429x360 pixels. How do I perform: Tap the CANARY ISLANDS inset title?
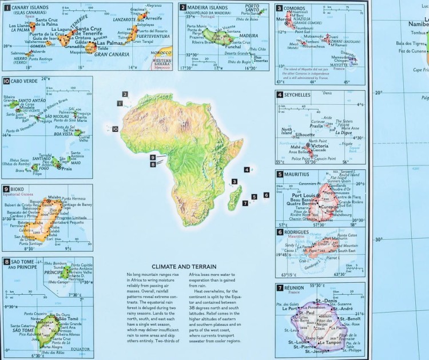tap(31, 7)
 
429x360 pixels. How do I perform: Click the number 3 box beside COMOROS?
tap(279, 8)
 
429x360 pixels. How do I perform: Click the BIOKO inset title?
tap(21, 189)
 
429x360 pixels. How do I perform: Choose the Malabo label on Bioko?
tap(54, 197)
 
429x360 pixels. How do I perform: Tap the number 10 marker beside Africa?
tap(115, 129)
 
